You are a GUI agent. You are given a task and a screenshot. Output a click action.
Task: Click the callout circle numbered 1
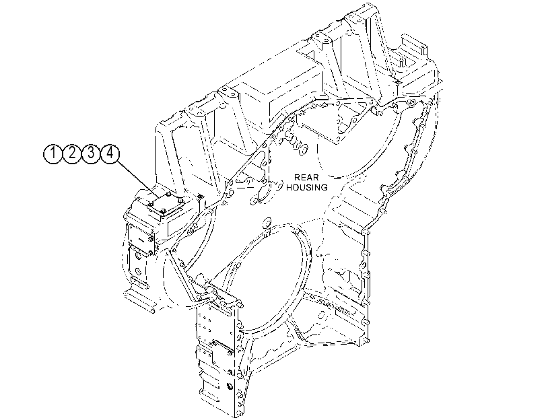pos(53,153)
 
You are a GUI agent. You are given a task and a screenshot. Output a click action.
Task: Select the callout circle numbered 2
pos(72,153)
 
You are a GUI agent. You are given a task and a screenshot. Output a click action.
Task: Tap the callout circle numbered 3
pos(91,153)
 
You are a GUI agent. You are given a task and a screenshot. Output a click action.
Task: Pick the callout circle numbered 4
pos(110,153)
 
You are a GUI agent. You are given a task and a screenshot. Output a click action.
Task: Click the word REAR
pos(306,178)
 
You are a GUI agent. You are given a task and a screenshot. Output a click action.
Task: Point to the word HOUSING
pos(307,187)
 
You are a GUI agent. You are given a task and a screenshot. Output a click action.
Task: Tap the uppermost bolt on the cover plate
pos(168,193)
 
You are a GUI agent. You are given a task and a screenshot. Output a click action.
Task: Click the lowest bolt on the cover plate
pos(162,211)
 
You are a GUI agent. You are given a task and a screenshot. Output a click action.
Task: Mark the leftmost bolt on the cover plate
pos(149,205)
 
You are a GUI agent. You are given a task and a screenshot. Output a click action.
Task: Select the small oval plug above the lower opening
pos(267,222)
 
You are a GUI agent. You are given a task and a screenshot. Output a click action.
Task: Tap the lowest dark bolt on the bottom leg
pos(230,386)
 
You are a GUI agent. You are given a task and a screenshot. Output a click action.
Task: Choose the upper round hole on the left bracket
pos(138,256)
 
